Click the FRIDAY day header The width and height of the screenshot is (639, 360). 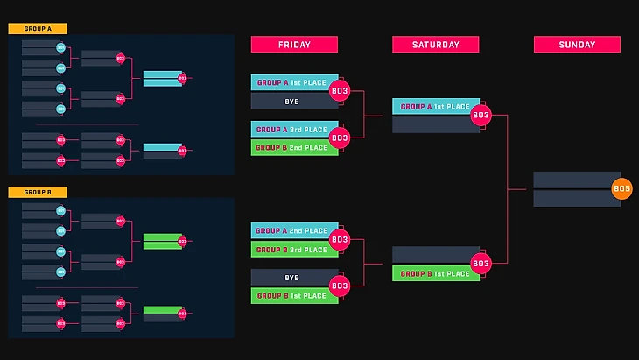point(294,45)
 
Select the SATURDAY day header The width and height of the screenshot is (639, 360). point(435,45)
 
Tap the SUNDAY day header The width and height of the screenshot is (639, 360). point(577,45)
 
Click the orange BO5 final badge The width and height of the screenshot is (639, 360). point(621,188)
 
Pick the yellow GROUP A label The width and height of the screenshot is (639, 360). point(38,29)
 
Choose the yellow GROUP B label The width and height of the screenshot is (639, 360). point(38,192)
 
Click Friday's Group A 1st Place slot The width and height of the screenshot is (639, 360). point(290,82)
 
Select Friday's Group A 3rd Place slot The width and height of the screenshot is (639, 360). point(290,130)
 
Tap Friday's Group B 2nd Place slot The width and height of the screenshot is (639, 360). point(290,148)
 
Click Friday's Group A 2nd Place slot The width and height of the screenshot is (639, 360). point(290,231)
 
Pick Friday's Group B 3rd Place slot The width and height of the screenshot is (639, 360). point(290,250)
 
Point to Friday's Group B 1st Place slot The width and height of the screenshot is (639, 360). point(290,296)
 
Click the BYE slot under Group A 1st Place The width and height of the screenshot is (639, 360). point(290,102)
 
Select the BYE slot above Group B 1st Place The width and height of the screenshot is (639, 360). point(290,278)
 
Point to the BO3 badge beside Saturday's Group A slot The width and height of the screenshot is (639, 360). point(481,115)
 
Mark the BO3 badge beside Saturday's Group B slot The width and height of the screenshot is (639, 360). point(481,264)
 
